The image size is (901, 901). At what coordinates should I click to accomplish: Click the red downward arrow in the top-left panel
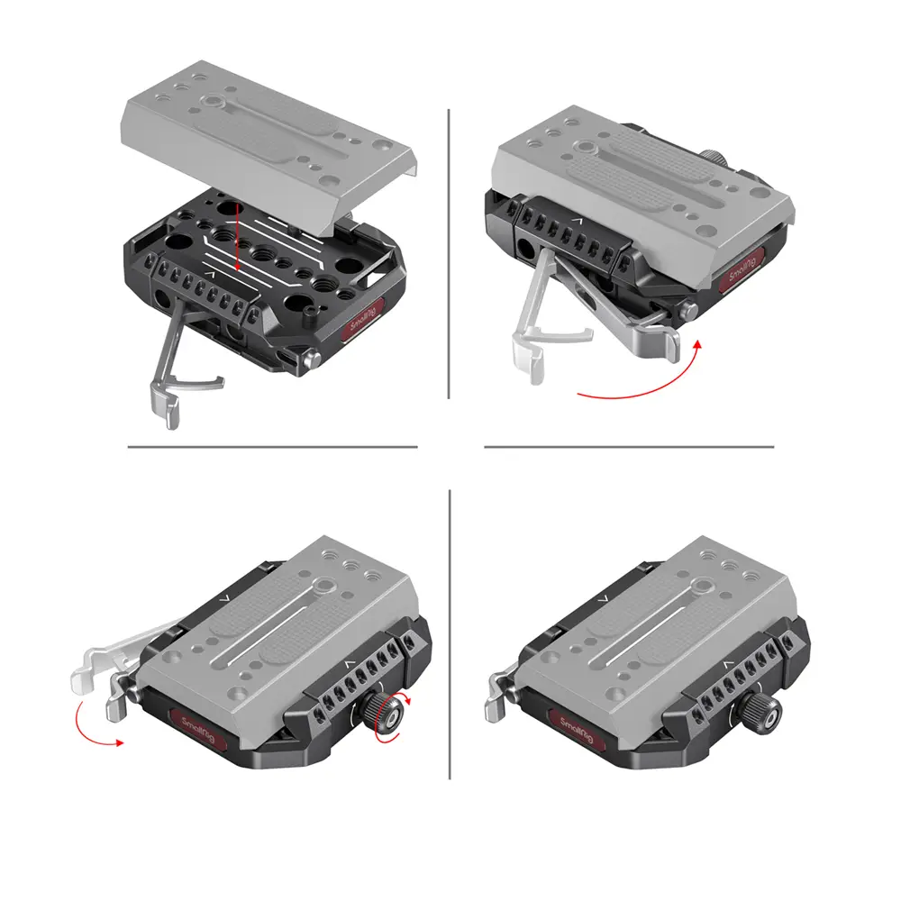(x=236, y=244)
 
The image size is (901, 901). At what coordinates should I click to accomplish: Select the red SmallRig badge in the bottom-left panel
(x=197, y=730)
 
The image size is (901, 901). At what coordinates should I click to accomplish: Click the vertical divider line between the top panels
(x=449, y=253)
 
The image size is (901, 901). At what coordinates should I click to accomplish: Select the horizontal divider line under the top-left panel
(x=272, y=447)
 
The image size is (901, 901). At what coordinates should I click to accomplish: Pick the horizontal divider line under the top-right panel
(x=629, y=447)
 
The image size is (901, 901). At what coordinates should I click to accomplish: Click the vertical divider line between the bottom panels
(x=450, y=634)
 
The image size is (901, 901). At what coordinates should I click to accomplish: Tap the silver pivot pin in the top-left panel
(x=312, y=361)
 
